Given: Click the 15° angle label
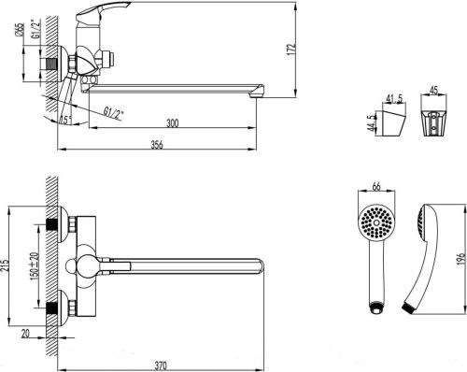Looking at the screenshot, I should [64, 118].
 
